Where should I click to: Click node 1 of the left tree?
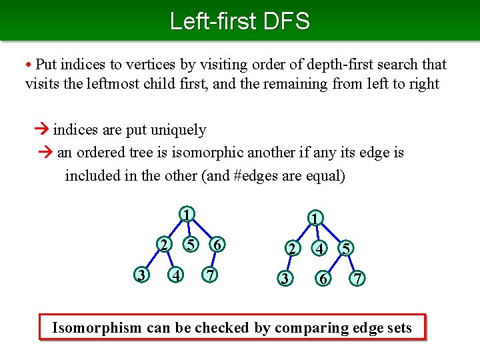click(188, 215)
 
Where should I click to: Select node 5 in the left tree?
click(191, 245)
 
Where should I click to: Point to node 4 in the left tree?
click(175, 275)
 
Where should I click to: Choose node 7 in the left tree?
click(210, 275)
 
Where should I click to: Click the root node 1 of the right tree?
click(315, 219)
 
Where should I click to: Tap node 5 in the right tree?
click(345, 249)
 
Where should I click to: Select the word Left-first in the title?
click(212, 21)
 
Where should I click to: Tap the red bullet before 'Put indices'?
click(29, 65)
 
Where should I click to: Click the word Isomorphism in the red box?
click(97, 327)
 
